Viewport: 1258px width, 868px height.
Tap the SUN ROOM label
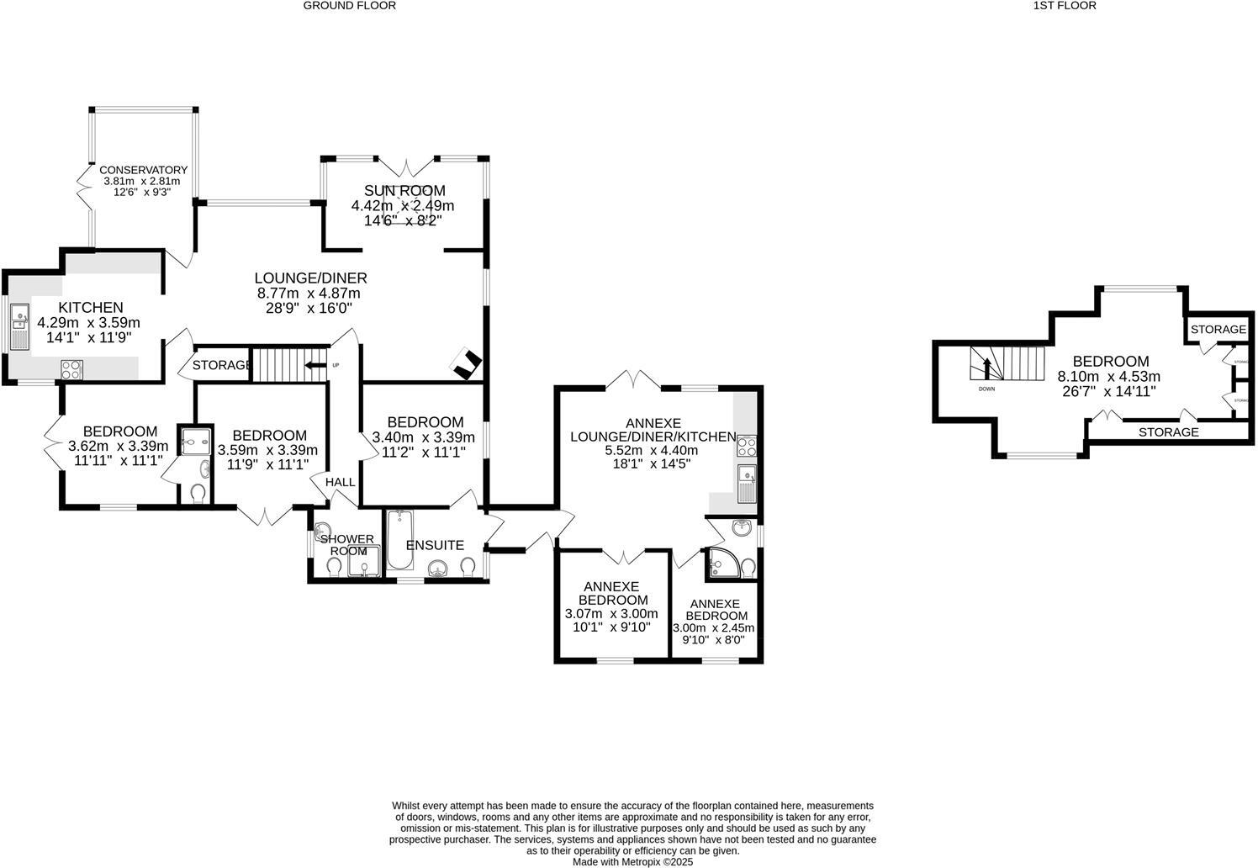coord(404,191)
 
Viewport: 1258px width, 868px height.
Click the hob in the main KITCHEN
coord(71,368)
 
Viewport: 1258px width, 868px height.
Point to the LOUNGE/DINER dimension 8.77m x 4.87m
coord(308,294)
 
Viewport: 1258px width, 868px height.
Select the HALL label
coord(340,482)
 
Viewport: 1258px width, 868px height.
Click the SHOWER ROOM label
coord(346,545)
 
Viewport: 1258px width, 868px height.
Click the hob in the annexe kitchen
coord(747,447)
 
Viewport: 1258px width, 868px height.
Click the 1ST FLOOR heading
coord(1065,6)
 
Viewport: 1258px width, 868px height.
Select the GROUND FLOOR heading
coord(349,6)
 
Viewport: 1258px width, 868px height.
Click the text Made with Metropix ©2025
coord(632,862)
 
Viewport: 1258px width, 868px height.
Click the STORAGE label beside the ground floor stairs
coord(221,365)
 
